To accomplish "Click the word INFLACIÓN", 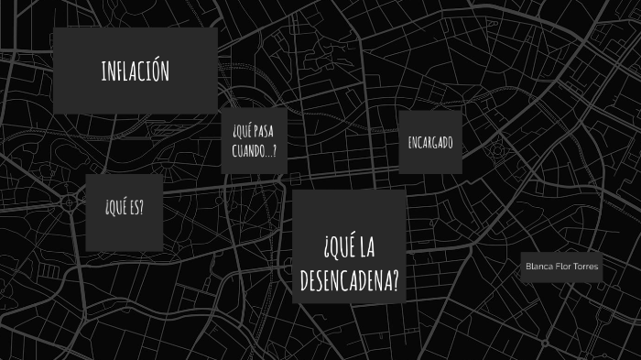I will (x=136, y=71).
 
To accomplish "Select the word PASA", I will (x=265, y=135).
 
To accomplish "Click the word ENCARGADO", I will (x=430, y=144).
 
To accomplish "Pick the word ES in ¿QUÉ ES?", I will (x=135, y=208).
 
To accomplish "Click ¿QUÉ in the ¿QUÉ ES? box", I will (x=116, y=208).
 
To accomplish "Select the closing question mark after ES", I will (x=142, y=208).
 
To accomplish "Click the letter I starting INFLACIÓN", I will (x=103, y=71).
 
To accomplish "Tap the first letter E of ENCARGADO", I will (x=410, y=144).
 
